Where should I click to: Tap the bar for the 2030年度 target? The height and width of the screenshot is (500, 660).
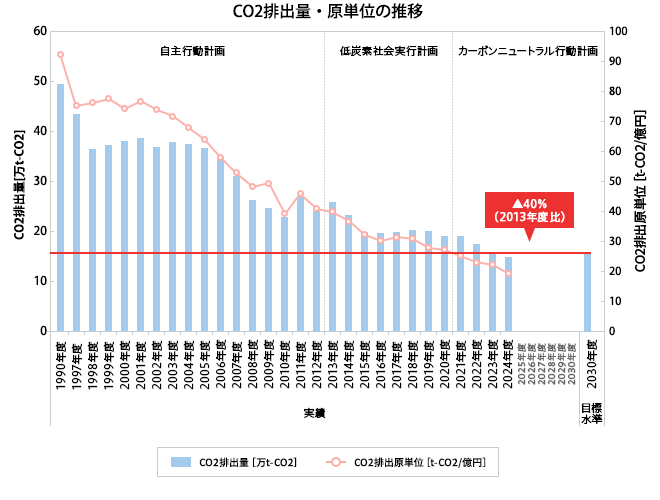click(x=588, y=291)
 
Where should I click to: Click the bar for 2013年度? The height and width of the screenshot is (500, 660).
click(x=332, y=266)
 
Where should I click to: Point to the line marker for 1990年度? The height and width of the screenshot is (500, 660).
click(x=60, y=54)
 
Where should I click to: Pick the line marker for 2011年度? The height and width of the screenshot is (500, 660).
click(x=300, y=194)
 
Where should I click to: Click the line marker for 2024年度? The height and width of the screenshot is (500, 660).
click(x=508, y=273)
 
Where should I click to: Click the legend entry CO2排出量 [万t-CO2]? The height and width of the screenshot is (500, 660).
click(x=235, y=462)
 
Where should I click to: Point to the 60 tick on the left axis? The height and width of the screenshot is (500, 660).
click(x=41, y=31)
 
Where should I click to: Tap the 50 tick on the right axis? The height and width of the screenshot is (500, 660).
click(x=615, y=181)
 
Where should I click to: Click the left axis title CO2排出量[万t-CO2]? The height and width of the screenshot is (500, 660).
click(x=19, y=181)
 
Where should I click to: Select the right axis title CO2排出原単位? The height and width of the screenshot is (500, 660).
click(x=640, y=181)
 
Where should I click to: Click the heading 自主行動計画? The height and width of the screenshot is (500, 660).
click(x=192, y=50)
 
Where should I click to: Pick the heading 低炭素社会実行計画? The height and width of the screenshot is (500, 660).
click(x=388, y=50)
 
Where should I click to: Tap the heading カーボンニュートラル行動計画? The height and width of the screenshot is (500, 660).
click(x=527, y=50)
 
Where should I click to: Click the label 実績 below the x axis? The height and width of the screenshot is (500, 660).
click(x=314, y=412)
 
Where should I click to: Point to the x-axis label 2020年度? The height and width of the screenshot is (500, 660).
click(x=444, y=364)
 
